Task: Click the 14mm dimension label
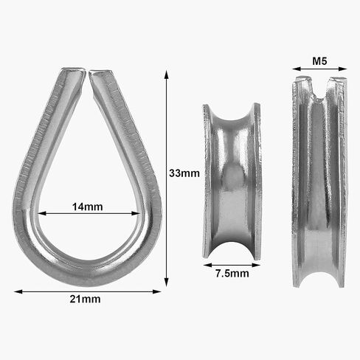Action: [x=88, y=207]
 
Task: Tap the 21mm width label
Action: [x=85, y=300]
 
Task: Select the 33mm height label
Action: [x=184, y=173]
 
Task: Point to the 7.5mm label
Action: [x=232, y=274]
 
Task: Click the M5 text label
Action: [x=319, y=61]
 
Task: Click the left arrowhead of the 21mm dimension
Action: [x=18, y=291]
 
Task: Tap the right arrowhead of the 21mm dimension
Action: [x=157, y=291]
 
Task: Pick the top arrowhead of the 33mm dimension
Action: [x=167, y=75]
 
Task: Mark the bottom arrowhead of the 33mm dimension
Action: [x=167, y=283]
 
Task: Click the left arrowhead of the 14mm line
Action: [x=42, y=213]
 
